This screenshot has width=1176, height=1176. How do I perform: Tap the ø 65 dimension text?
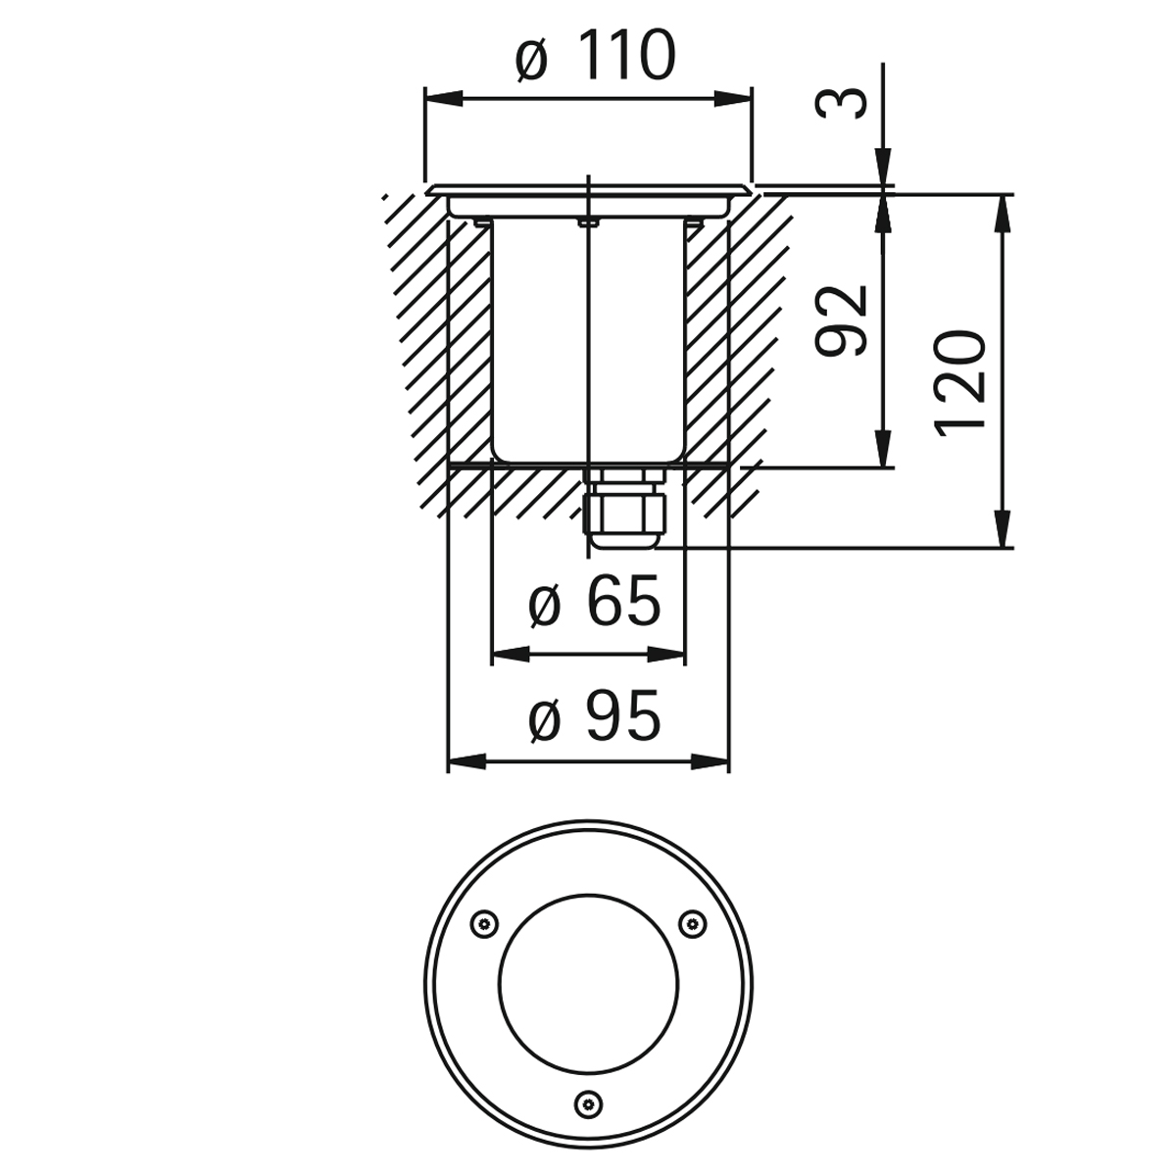595,601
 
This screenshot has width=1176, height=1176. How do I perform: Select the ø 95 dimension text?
595,715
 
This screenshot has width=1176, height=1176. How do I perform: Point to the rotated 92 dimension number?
842,320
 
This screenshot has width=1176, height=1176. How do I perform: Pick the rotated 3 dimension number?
841,103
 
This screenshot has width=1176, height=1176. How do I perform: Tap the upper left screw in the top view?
484,924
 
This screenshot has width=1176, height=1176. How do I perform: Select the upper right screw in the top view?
693,924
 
